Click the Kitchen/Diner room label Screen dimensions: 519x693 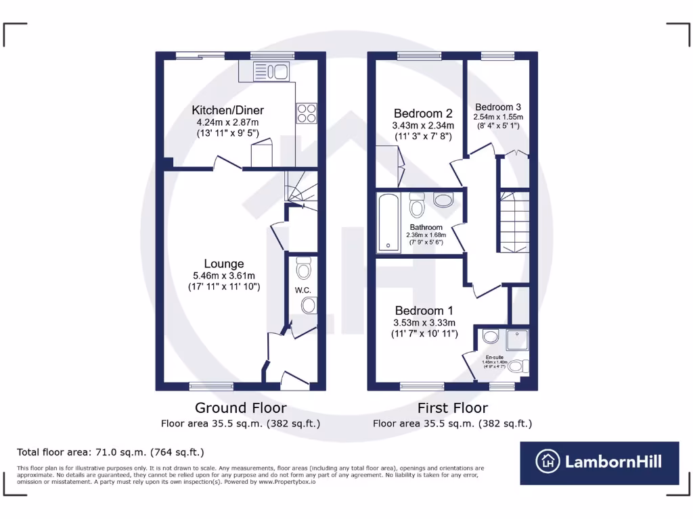(227, 110)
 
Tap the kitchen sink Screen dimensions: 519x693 (270, 70)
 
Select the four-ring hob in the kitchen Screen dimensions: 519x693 (306, 113)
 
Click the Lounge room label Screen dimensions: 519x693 (224, 264)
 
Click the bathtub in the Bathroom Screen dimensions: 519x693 (388, 222)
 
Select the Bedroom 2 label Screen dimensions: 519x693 (423, 114)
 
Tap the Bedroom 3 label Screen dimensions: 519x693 (498, 107)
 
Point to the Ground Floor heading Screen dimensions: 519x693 (240, 407)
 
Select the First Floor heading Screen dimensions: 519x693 (452, 407)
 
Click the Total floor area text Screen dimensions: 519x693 (110, 452)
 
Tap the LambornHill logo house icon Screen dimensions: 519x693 (548, 462)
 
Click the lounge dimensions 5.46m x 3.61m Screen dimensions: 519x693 (224, 276)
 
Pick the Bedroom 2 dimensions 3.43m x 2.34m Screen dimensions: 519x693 (423, 126)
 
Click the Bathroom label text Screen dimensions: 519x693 (426, 228)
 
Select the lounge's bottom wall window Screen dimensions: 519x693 (210, 386)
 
